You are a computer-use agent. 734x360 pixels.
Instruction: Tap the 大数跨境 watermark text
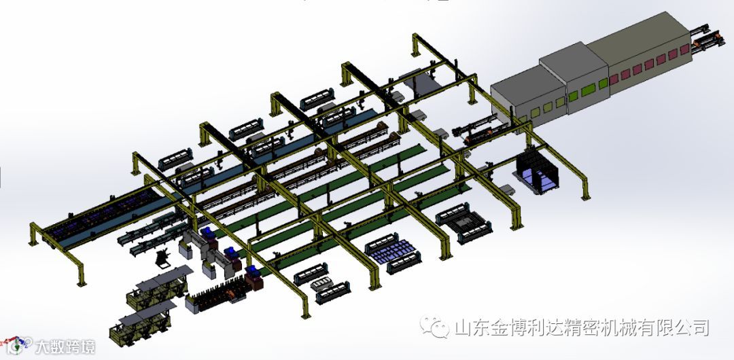coord(65,347)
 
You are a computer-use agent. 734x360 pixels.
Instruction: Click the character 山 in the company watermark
coord(464,327)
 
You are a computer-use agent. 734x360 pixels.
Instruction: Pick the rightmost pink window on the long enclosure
coord(684,49)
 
